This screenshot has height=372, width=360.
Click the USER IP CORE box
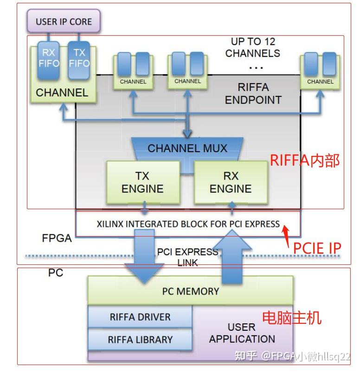pyautogui.click(x=64, y=21)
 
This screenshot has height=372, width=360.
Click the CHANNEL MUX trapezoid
pyautogui.click(x=187, y=149)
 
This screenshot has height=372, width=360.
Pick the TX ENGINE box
pyautogui.click(x=142, y=182)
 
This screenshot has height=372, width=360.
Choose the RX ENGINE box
pyautogui.click(x=231, y=182)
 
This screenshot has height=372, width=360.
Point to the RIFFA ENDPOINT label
pyautogui.click(x=253, y=93)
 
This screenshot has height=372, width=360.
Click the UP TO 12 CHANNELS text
pyautogui.click(x=253, y=47)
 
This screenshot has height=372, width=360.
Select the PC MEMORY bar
pyautogui.click(x=190, y=291)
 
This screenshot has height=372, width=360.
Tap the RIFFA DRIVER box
pyautogui.click(x=140, y=317)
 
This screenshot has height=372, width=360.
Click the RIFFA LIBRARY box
pyautogui.click(x=140, y=340)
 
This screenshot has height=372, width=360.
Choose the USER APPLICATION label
pyautogui.click(x=242, y=333)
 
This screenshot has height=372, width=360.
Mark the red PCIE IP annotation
pyautogui.click(x=317, y=248)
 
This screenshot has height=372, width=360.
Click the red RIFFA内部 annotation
pyautogui.click(x=305, y=160)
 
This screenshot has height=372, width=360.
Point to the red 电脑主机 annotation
pyautogui.click(x=292, y=318)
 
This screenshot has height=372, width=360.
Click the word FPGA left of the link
pyautogui.click(x=57, y=238)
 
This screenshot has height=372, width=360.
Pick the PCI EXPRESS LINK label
pyautogui.click(x=187, y=257)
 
